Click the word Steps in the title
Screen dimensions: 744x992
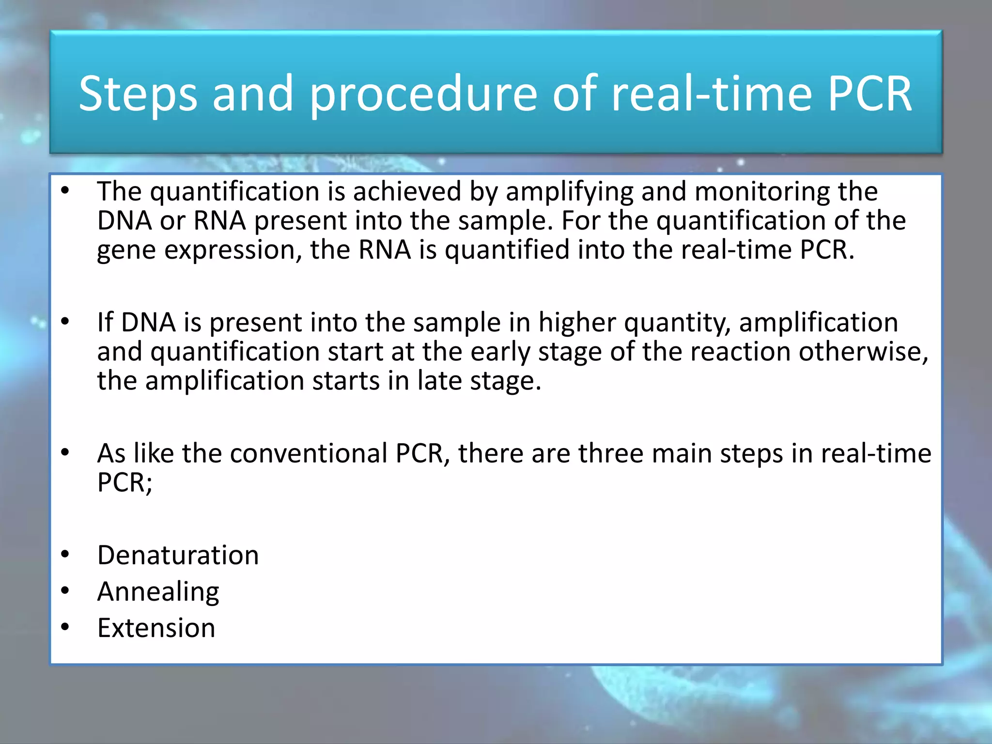pos(138,94)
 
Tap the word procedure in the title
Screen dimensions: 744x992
pos(423,94)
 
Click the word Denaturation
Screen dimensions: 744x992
pos(178,555)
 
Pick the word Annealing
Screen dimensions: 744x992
pos(158,592)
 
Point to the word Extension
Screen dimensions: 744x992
pos(156,628)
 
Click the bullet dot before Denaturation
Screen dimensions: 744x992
pos(65,554)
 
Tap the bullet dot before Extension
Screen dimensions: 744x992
pos(65,627)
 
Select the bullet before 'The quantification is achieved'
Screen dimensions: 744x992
pos(65,190)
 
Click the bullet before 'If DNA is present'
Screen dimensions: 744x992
pos(65,322)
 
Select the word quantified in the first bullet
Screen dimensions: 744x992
pos(507,251)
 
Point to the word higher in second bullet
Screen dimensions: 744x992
pos(577,323)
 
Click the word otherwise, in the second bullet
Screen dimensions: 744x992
pos(863,352)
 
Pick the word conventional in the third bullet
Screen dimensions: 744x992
pos(309,454)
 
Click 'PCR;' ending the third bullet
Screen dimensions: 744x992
pos(124,483)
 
